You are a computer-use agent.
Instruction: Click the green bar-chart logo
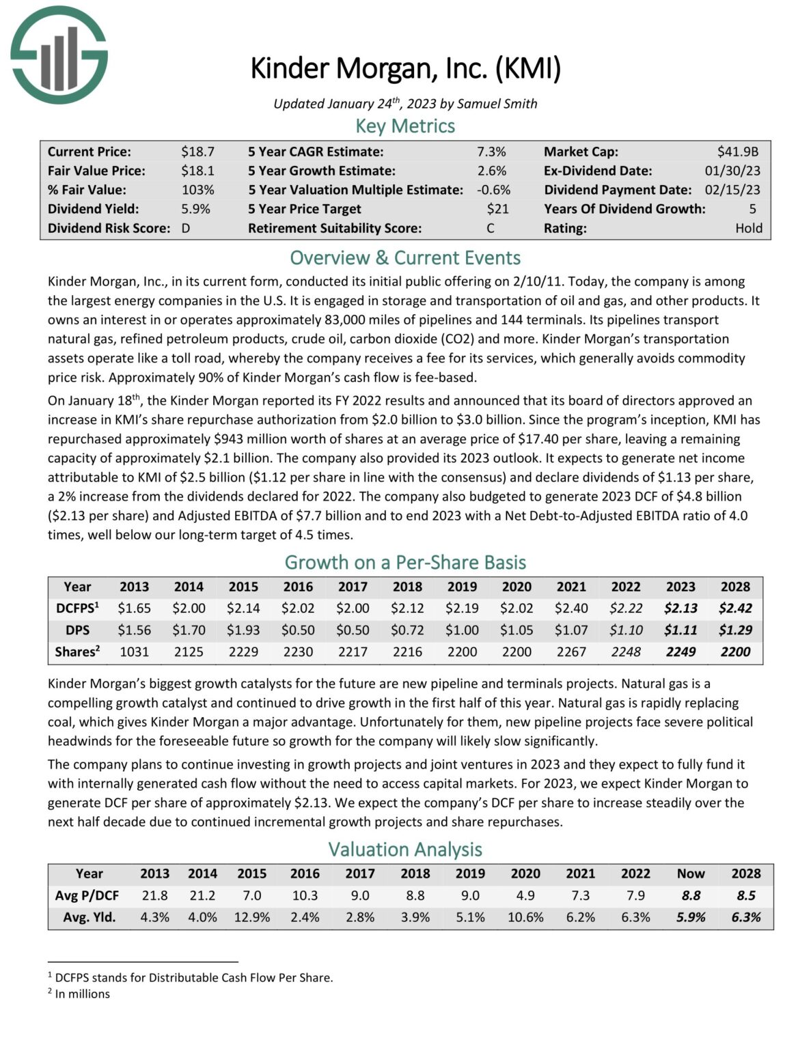[59, 55]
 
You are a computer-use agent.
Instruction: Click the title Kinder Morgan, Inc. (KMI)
[405, 68]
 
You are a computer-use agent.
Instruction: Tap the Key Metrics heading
[405, 126]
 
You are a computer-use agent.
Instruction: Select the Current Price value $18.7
[197, 152]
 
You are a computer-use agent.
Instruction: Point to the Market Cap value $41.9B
[737, 152]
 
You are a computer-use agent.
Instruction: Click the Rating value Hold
[748, 228]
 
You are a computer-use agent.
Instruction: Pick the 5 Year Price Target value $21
[497, 209]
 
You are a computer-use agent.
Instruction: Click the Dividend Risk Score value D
[186, 228]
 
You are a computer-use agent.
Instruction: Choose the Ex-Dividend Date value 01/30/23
[732, 171]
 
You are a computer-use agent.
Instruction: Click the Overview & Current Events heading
[405, 258]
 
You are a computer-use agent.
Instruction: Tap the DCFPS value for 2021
[571, 608]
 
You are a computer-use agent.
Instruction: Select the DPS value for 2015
[243, 630]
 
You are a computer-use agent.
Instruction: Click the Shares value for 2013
[134, 652]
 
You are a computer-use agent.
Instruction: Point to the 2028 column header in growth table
[735, 587]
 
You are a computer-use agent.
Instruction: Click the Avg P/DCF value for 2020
[525, 895]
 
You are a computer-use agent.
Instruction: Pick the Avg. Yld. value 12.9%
[251, 917]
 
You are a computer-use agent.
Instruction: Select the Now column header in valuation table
[690, 873]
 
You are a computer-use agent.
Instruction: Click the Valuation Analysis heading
[405, 850]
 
